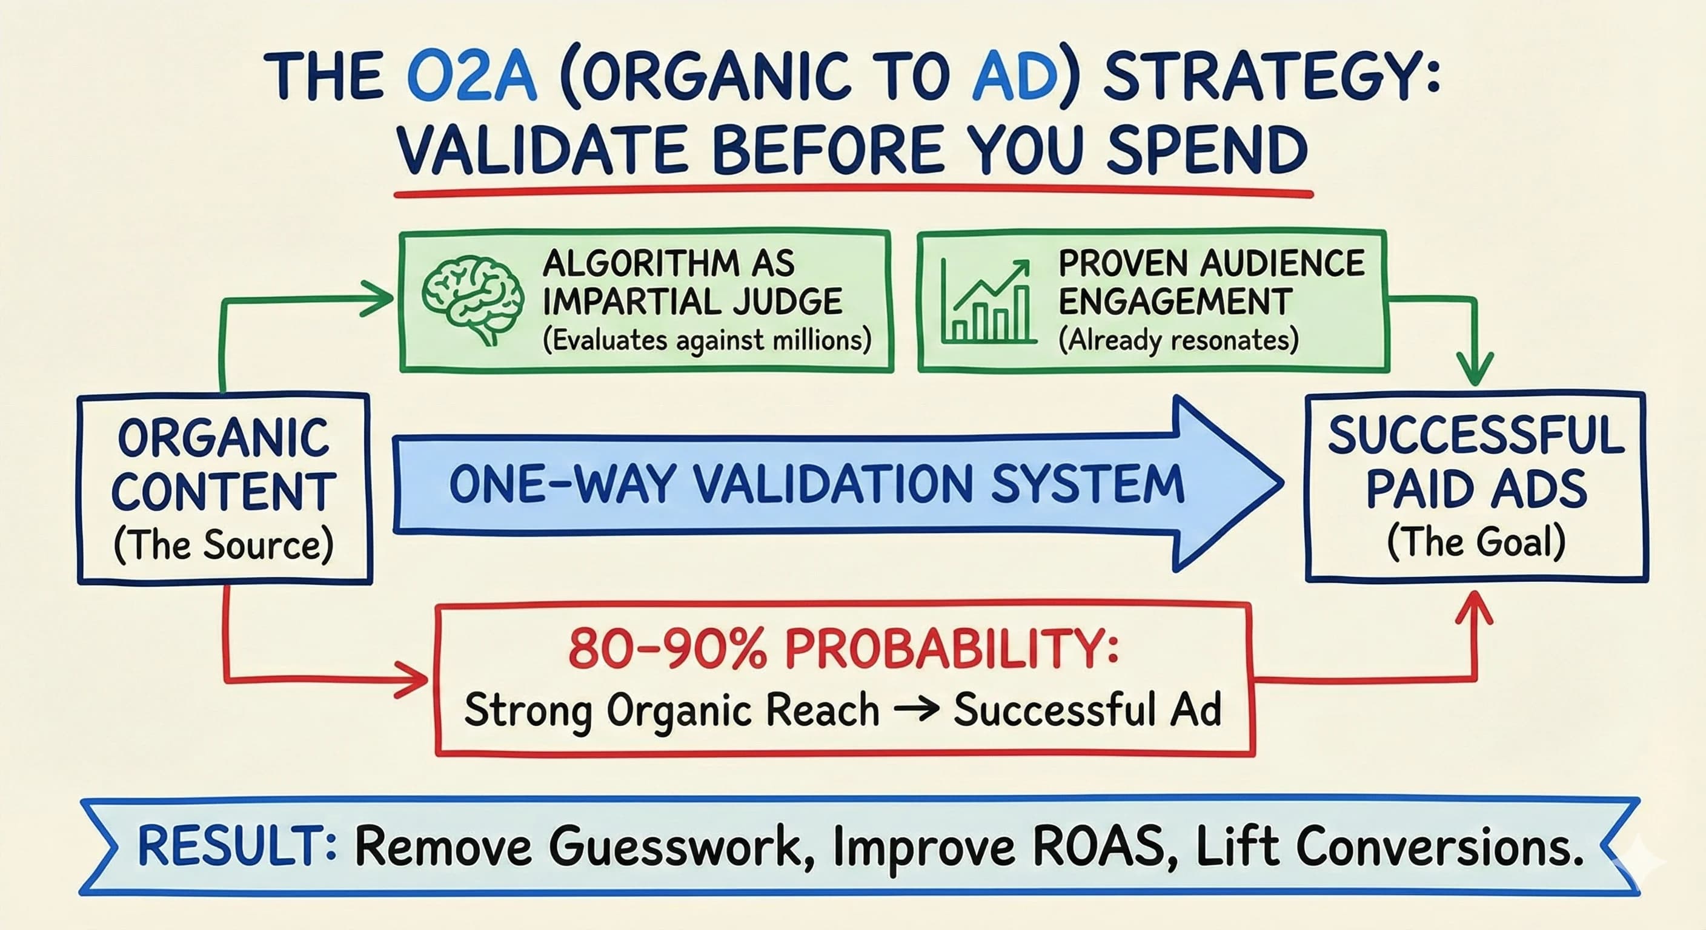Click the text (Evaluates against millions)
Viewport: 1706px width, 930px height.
(x=706, y=340)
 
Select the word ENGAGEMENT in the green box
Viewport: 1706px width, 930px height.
(x=1175, y=302)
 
